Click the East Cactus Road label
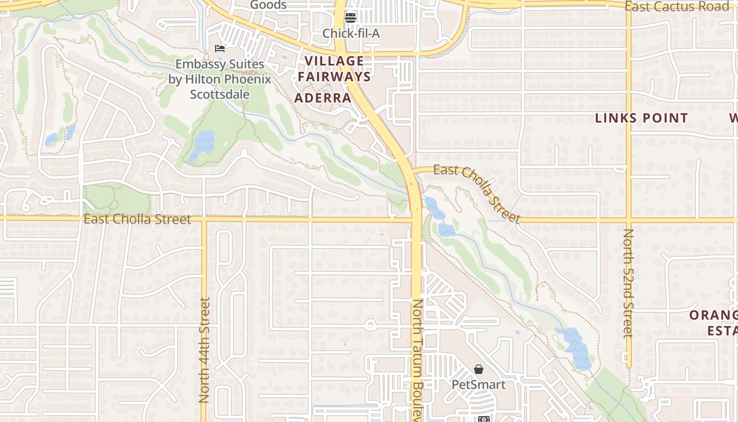[x=676, y=6]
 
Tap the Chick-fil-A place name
[x=351, y=33]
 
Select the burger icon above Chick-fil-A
[x=351, y=17]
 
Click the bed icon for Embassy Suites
[x=220, y=49]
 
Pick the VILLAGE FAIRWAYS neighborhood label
[x=334, y=69]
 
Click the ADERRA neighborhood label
[x=323, y=98]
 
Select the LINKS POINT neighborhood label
[x=642, y=118]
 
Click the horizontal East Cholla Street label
[x=137, y=219]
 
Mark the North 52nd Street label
[x=628, y=283]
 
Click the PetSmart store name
[x=478, y=385]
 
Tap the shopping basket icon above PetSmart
[x=478, y=369]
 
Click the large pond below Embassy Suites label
[x=203, y=143]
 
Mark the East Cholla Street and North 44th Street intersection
[x=203, y=218]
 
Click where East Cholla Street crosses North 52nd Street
[x=628, y=218]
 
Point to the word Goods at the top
[x=268, y=5]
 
